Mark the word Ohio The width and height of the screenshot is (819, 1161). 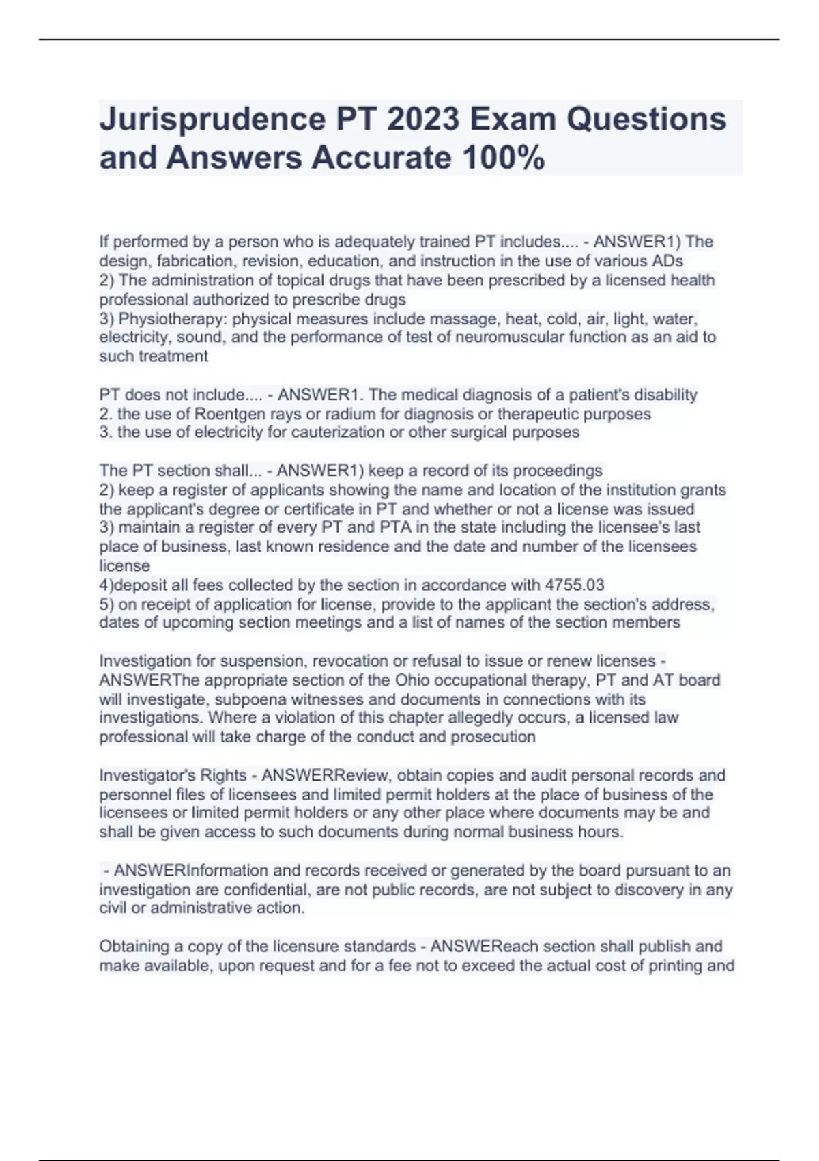tap(413, 680)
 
